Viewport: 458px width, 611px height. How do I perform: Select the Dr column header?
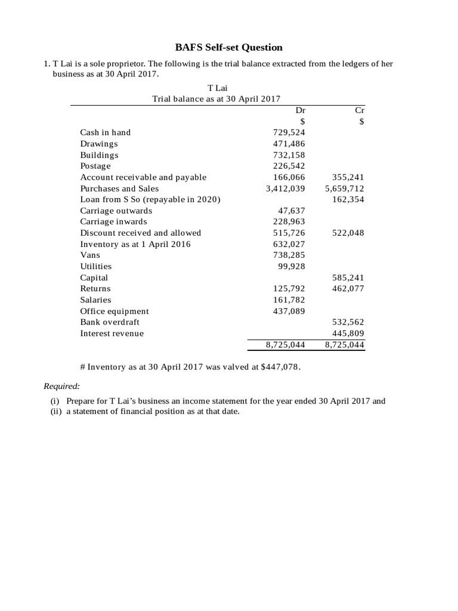(x=300, y=110)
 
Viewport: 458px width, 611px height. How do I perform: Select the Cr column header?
(x=359, y=110)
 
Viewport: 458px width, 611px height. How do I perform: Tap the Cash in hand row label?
(x=106, y=132)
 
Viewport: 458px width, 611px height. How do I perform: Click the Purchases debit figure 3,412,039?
(x=285, y=189)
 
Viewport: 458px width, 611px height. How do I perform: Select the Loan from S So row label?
(x=150, y=199)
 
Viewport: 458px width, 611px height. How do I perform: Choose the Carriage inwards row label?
(x=113, y=222)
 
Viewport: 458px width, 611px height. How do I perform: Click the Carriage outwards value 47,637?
(x=292, y=211)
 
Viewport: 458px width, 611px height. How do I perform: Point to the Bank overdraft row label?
(x=110, y=322)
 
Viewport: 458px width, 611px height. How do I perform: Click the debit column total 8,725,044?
(x=285, y=345)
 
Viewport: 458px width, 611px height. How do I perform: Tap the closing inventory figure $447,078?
(x=280, y=368)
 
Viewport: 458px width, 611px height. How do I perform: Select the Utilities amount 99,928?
(x=292, y=267)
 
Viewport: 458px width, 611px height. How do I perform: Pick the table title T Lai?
(x=216, y=88)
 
